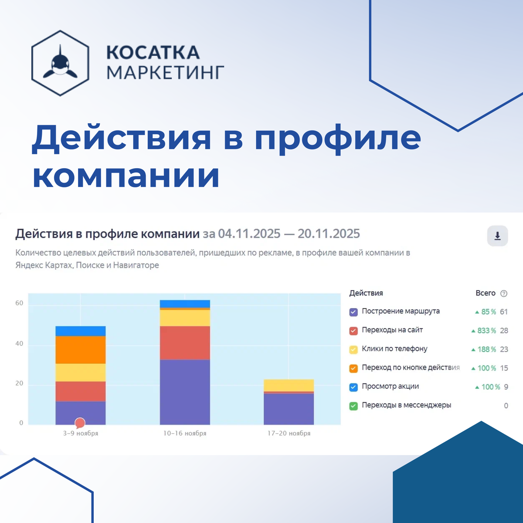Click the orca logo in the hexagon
click(x=61, y=63)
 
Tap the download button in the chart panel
click(x=497, y=236)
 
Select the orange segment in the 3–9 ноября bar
click(x=81, y=350)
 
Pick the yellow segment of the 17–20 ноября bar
click(x=289, y=385)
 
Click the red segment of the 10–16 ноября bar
click(x=185, y=343)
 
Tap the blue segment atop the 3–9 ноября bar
click(x=81, y=331)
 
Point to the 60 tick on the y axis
click(x=19, y=303)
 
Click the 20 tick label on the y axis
click(x=19, y=384)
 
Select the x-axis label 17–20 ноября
click(x=289, y=433)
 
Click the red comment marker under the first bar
click(x=80, y=422)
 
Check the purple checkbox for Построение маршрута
click(x=353, y=312)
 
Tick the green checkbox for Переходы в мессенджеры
click(x=353, y=406)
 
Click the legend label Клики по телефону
click(x=394, y=349)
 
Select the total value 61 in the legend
click(x=504, y=312)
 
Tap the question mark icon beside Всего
click(x=504, y=293)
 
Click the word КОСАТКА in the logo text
click(x=153, y=53)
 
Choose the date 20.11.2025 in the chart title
click(x=329, y=234)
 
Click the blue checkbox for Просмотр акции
click(x=353, y=387)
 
